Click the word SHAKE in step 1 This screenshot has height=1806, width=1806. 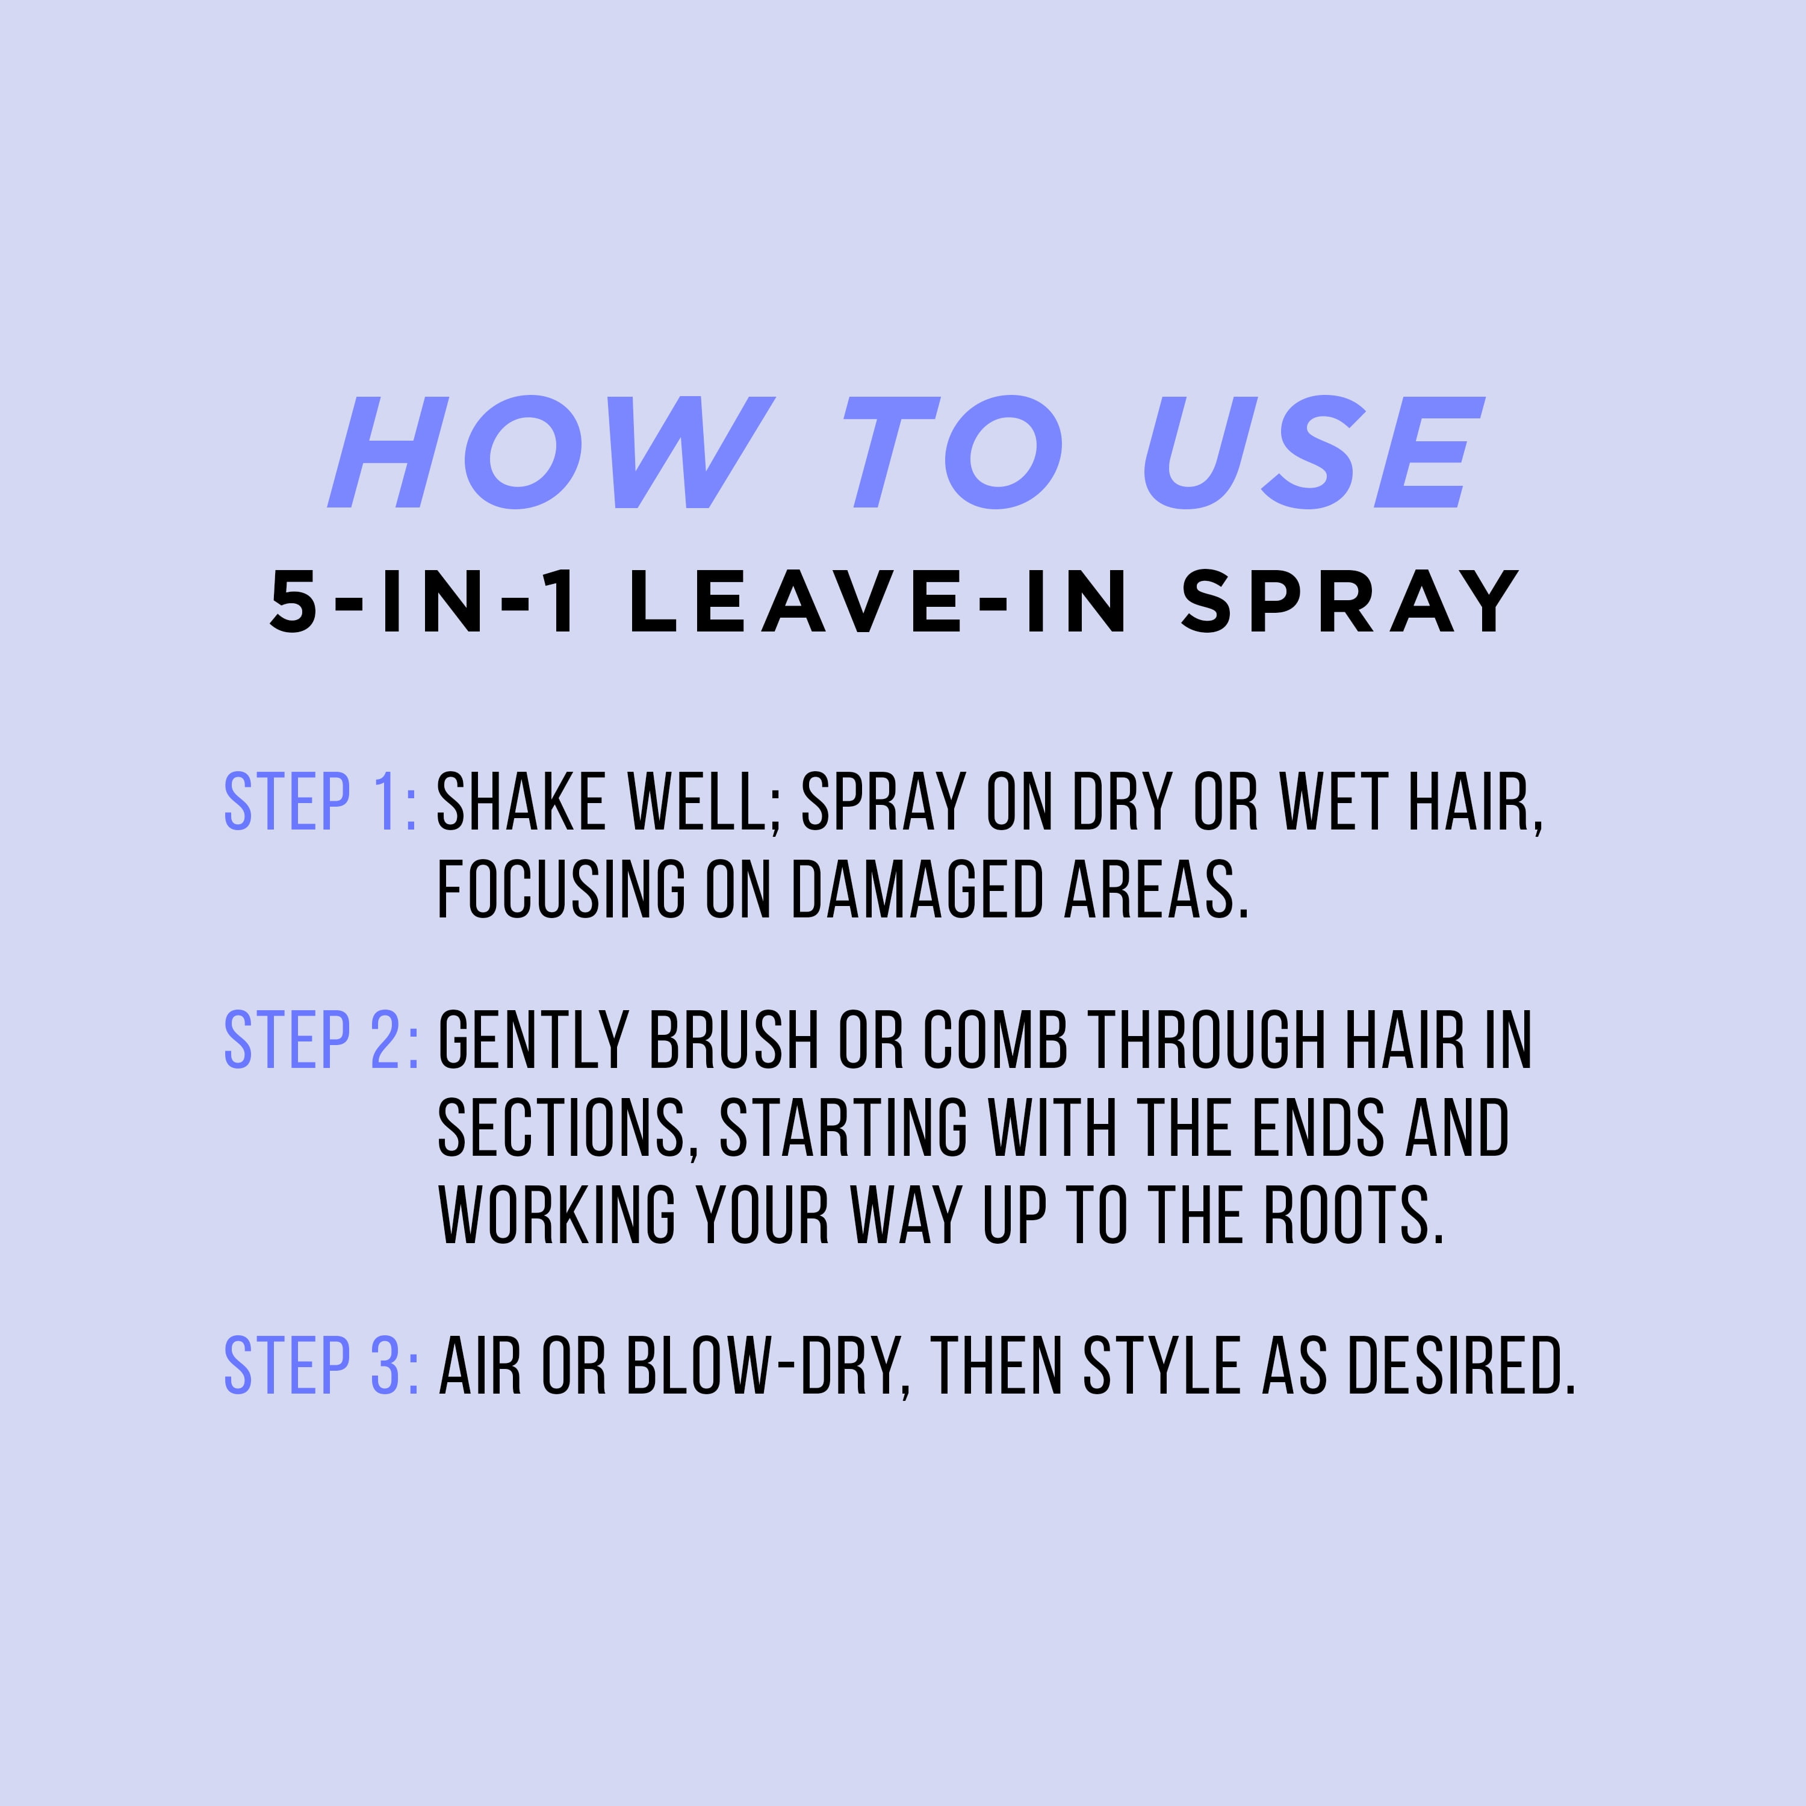click(521, 802)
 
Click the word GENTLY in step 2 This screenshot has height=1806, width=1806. click(533, 1040)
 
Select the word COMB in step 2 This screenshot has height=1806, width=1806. click(996, 1040)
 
